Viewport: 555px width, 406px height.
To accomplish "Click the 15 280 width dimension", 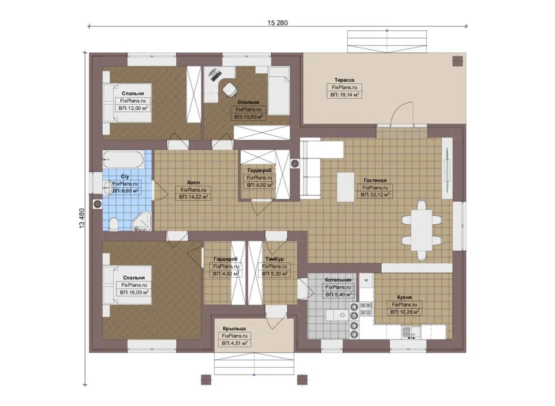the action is [277, 23].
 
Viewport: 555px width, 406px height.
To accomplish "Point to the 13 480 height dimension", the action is [82, 218].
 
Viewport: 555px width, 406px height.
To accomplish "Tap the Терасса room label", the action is [344, 80].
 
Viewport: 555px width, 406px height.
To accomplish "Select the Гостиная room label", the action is [375, 181].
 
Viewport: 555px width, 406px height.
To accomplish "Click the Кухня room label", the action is [404, 298].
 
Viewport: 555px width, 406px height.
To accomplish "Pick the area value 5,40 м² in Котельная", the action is [339, 294].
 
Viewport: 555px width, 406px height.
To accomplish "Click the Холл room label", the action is [193, 182].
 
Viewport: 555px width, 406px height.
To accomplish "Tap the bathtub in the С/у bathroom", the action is [123, 160].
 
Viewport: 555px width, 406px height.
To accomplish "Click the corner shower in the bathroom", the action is [142, 222].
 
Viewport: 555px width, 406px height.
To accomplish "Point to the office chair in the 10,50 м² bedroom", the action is [229, 89].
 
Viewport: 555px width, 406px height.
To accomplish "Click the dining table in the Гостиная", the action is [421, 230].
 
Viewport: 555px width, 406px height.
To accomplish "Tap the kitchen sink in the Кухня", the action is [411, 333].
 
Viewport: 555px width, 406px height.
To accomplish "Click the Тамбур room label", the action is [274, 259].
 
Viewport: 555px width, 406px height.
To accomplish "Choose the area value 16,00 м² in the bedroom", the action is [134, 293].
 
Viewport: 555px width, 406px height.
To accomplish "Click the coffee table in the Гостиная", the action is [346, 187].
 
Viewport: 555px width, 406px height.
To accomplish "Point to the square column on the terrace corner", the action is [458, 61].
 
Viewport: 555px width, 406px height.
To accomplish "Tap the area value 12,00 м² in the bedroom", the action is [133, 108].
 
